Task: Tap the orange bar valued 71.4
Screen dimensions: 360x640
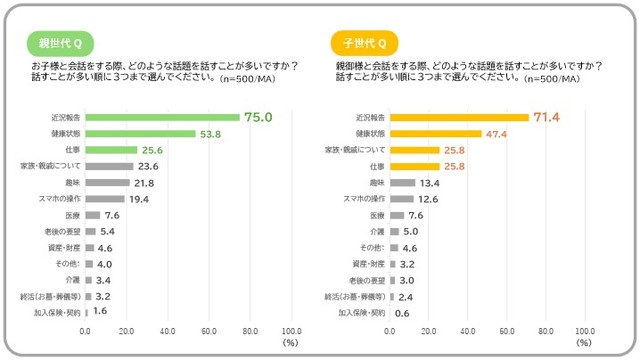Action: [x=460, y=117]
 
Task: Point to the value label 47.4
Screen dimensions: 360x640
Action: [x=498, y=133]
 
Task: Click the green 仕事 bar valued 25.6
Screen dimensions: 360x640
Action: [x=111, y=150]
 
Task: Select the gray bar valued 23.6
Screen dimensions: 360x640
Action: [x=109, y=166]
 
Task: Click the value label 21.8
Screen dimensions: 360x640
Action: [x=145, y=183]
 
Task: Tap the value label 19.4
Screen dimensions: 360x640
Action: [x=140, y=199]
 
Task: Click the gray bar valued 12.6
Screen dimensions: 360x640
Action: [x=403, y=199]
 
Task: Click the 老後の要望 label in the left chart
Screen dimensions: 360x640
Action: [x=64, y=232]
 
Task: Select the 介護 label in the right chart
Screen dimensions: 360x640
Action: [x=377, y=232]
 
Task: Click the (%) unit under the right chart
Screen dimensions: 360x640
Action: [x=594, y=343]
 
